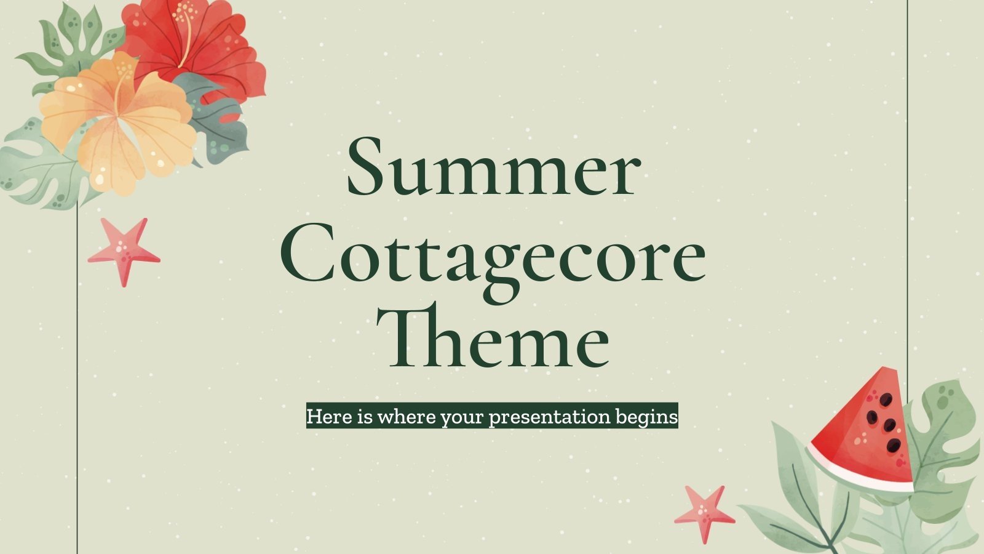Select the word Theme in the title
pyautogui.click(x=498, y=337)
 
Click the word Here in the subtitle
pyautogui.click(x=330, y=417)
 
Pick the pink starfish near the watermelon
pyautogui.click(x=704, y=512)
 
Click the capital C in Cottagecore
pyautogui.click(x=307, y=259)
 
